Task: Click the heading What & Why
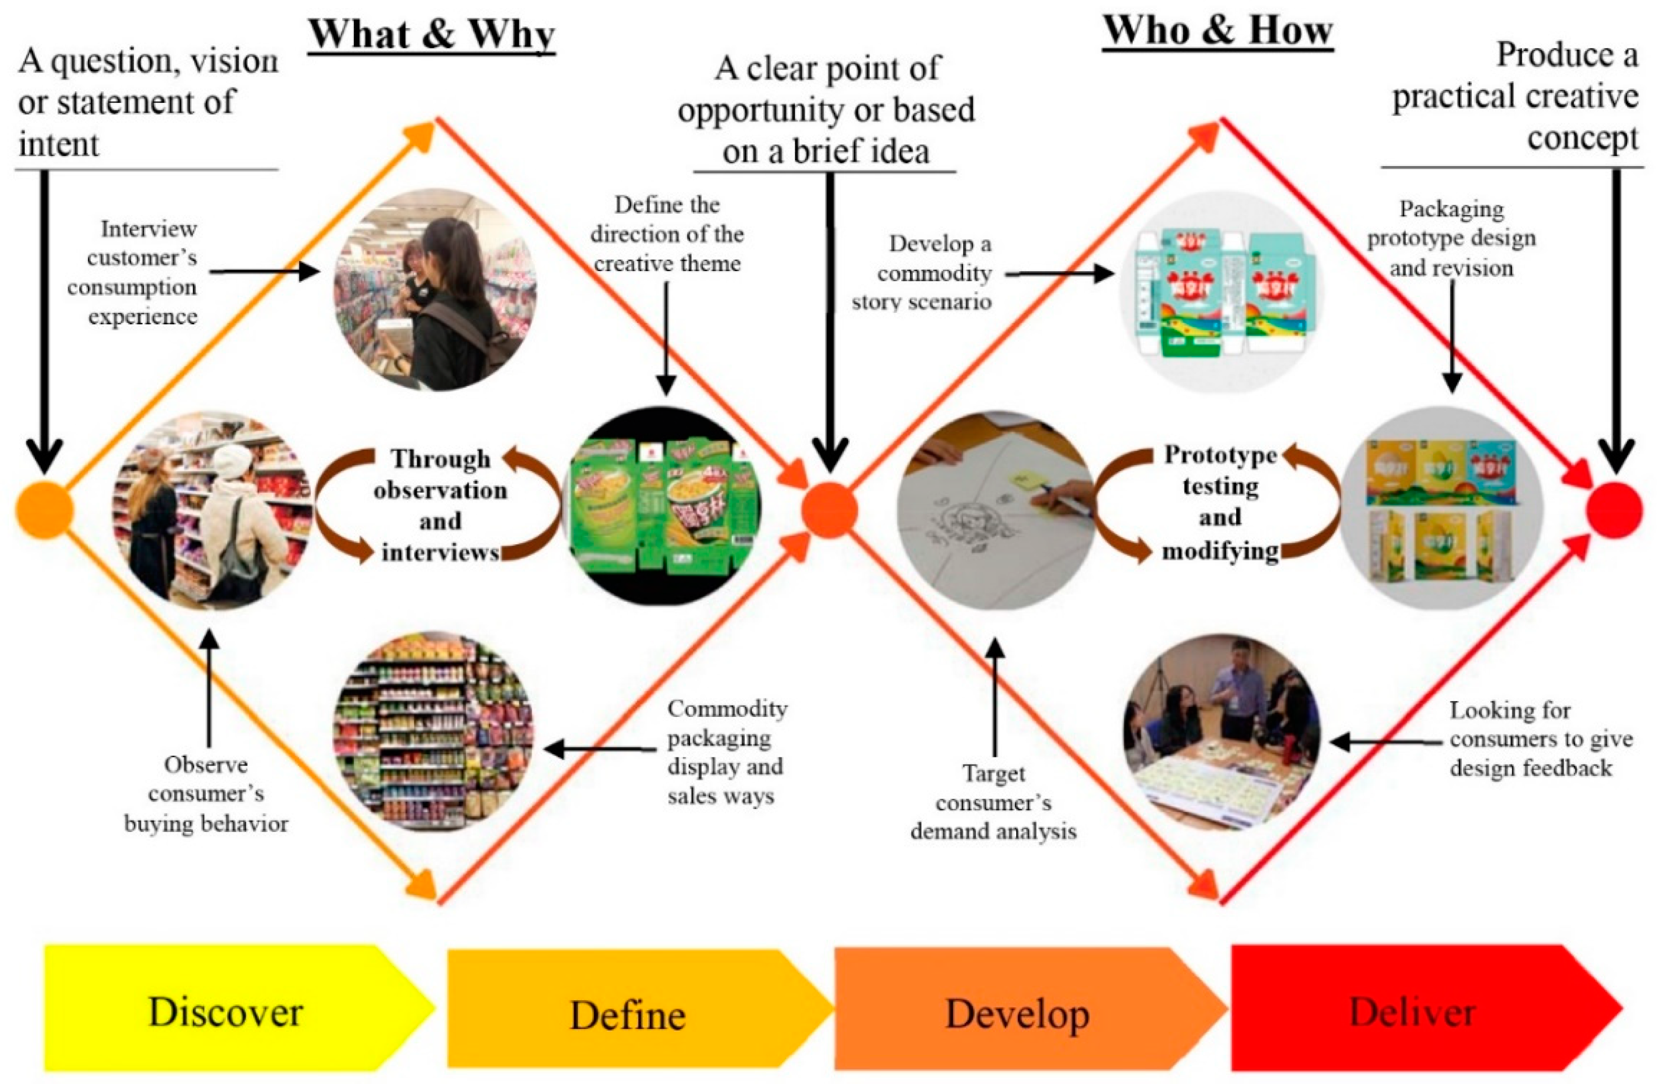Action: click(432, 33)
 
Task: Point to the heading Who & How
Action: click(1218, 31)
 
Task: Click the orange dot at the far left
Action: click(44, 510)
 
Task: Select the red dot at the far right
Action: click(1614, 510)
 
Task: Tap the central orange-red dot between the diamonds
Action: click(828, 510)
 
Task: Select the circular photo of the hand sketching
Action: click(996, 510)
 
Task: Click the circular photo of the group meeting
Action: click(1222, 731)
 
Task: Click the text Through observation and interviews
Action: click(440, 505)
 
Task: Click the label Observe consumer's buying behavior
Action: click(206, 794)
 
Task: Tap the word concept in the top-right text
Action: click(1582, 138)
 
